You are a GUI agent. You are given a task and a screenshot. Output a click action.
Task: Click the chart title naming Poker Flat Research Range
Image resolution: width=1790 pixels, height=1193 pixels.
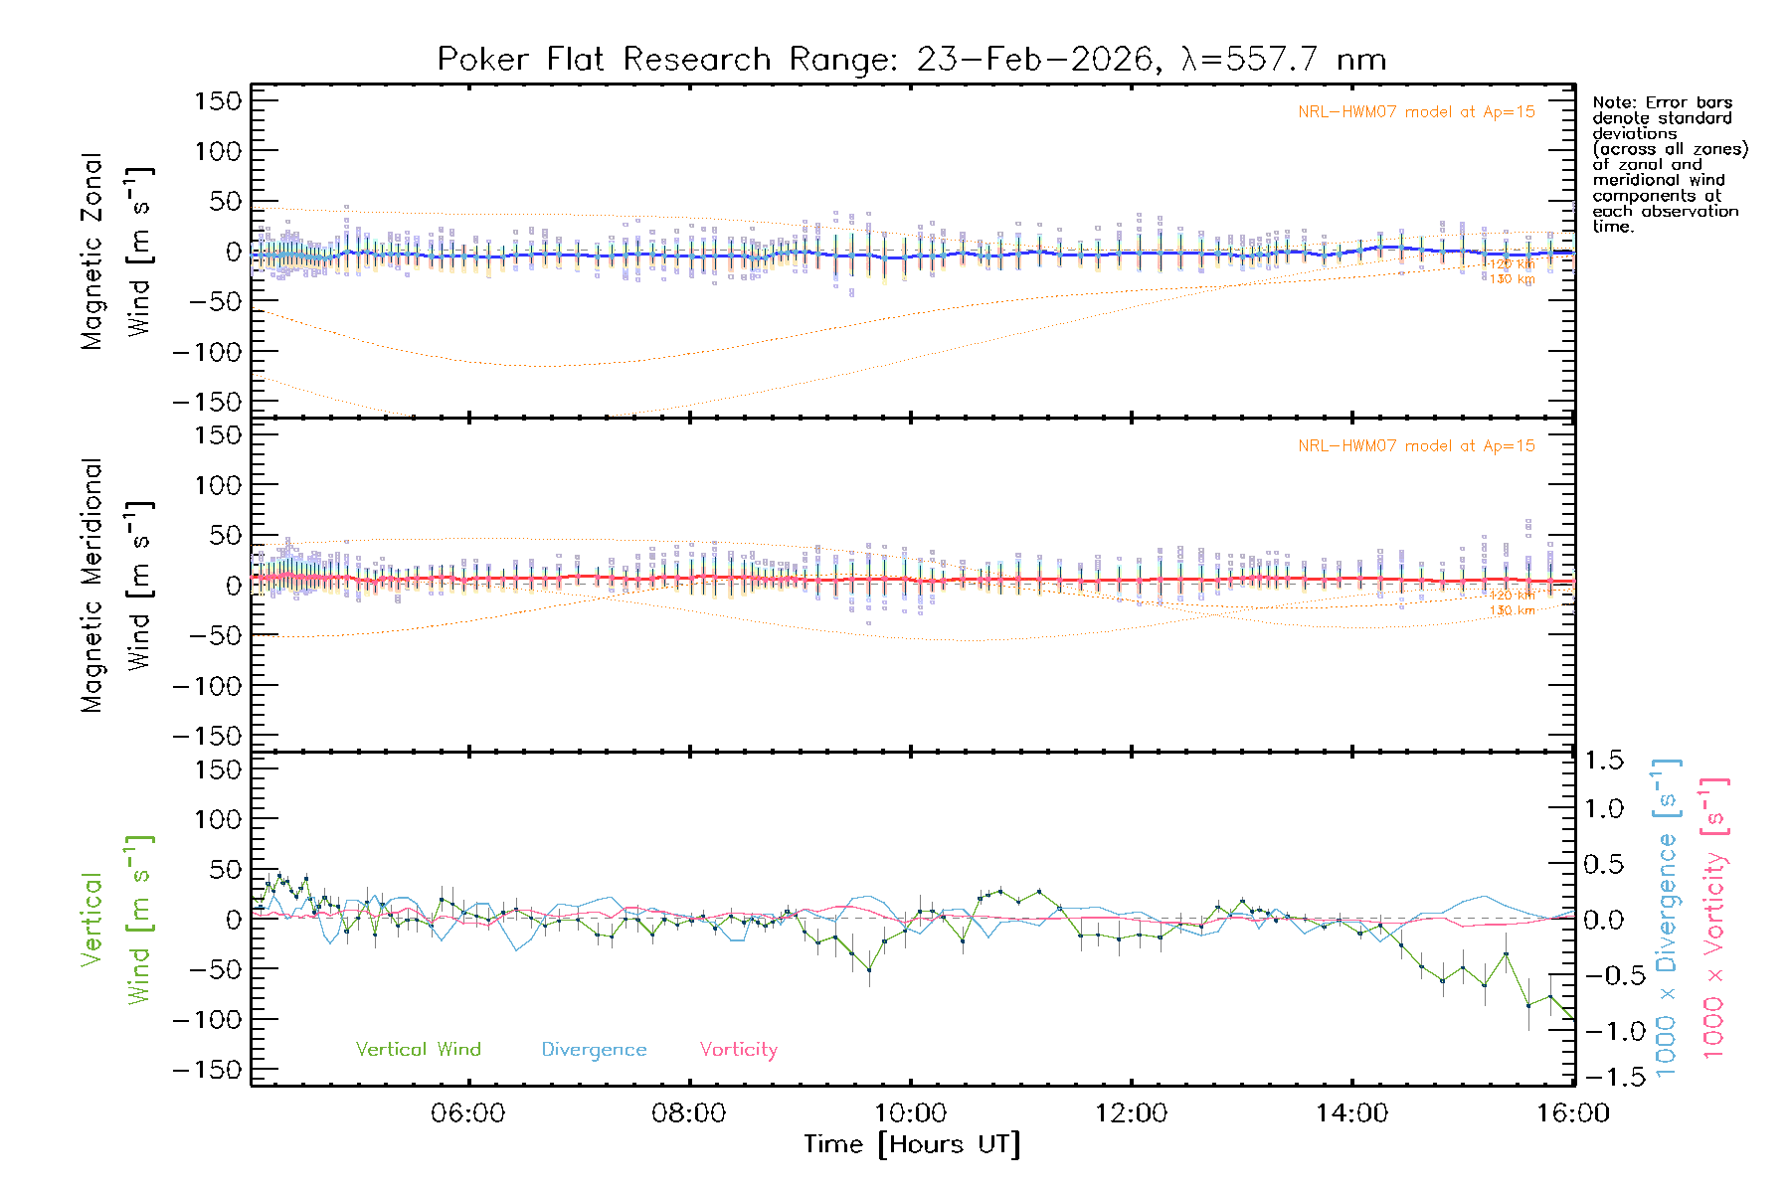click(911, 60)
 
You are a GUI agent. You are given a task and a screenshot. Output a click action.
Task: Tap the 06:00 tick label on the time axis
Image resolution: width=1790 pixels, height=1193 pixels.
click(467, 1113)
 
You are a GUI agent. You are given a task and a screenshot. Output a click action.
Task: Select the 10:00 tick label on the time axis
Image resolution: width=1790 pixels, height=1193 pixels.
click(910, 1113)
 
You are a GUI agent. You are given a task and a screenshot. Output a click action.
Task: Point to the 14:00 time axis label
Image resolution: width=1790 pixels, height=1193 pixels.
click(1351, 1113)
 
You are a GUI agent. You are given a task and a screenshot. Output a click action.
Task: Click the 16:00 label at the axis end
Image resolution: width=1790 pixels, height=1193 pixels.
click(1572, 1113)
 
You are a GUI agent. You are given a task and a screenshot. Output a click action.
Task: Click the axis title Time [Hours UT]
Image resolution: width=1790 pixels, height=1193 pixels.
click(911, 1144)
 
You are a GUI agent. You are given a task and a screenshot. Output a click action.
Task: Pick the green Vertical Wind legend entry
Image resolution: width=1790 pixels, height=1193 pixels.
click(418, 1049)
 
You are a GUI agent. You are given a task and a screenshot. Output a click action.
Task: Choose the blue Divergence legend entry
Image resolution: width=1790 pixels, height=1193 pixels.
click(594, 1050)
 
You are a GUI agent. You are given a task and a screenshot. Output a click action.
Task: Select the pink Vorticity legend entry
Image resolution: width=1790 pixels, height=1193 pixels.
click(738, 1049)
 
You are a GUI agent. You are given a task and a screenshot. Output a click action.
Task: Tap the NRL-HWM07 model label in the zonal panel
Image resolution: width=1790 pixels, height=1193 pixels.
click(1416, 112)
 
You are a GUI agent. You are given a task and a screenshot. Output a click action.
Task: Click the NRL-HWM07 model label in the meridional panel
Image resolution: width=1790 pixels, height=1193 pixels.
click(1416, 446)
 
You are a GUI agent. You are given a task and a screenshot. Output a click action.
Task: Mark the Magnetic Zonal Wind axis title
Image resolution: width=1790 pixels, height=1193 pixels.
click(116, 252)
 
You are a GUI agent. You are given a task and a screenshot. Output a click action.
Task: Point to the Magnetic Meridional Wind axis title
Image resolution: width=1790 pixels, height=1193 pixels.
click(116, 586)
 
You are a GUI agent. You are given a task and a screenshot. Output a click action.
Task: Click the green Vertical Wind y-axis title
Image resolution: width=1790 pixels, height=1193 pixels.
click(116, 920)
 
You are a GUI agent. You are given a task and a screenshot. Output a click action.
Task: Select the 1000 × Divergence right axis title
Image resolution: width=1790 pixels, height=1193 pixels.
click(1666, 920)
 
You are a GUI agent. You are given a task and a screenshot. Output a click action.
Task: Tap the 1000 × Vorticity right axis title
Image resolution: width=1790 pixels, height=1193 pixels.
click(1713, 920)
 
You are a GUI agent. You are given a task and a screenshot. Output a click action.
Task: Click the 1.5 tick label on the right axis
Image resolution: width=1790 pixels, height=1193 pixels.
click(1603, 761)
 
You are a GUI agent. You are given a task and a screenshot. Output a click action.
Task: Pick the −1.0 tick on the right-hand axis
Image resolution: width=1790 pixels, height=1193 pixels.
click(1603, 1031)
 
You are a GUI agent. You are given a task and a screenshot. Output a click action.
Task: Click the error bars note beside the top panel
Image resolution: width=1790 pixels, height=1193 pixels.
click(1669, 164)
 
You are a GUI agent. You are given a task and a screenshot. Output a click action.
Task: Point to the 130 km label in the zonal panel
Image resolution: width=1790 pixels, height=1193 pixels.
click(1512, 279)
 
